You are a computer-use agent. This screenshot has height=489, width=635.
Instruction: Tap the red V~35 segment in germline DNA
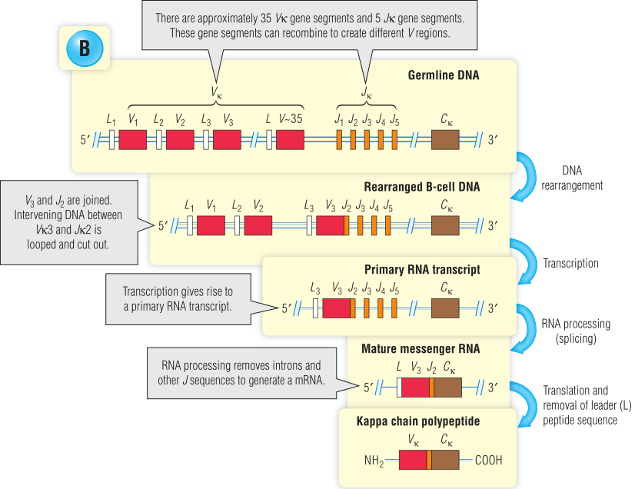click(290, 139)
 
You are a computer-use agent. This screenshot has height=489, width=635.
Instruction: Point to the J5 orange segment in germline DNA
click(394, 139)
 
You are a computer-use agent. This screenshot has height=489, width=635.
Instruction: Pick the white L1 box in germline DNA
click(111, 139)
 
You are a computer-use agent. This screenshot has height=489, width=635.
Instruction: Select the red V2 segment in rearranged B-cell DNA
click(258, 225)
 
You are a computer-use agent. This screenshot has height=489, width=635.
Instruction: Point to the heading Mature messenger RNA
click(421, 348)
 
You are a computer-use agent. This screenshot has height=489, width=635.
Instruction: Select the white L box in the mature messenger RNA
click(399, 387)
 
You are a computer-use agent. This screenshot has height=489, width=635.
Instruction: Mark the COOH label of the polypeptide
click(489, 461)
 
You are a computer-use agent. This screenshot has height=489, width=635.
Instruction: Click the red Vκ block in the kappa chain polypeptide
click(413, 460)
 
